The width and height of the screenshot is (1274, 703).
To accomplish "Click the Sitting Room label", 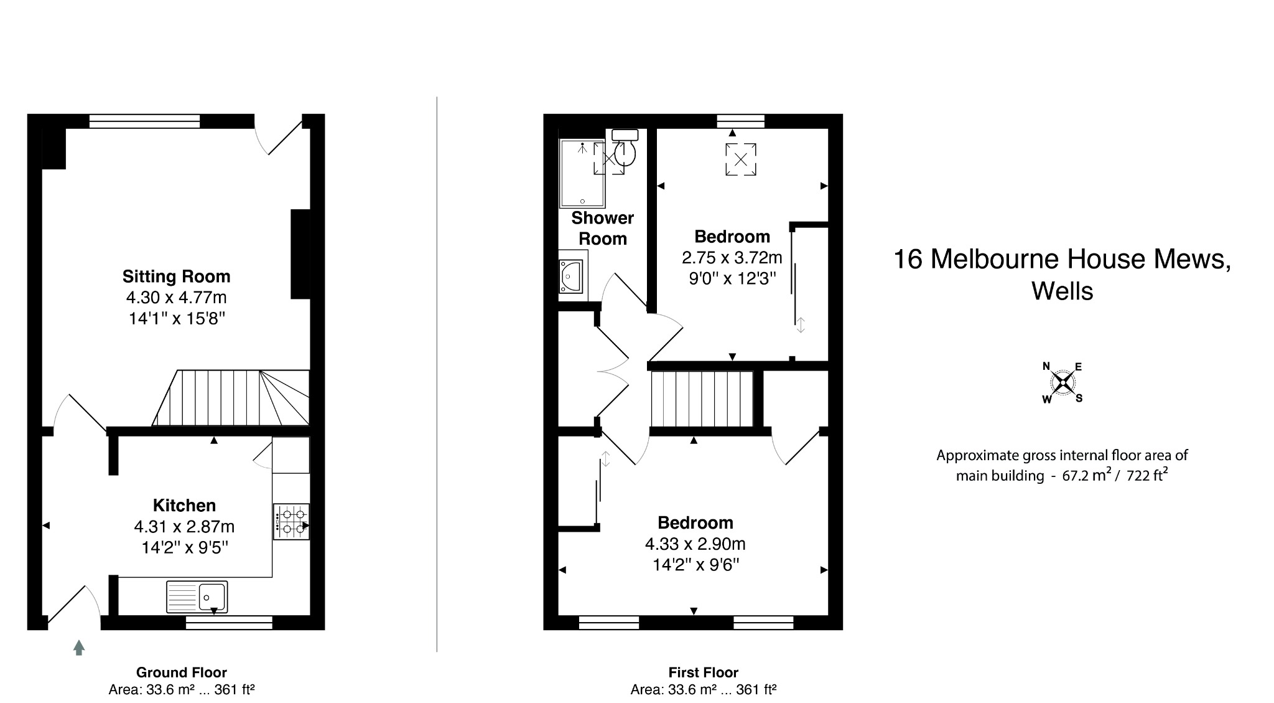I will pyautogui.click(x=176, y=276).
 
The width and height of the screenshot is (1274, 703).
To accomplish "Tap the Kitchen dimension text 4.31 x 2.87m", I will pyautogui.click(x=184, y=527).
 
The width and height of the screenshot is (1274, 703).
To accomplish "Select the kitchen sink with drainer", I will pyautogui.click(x=197, y=597).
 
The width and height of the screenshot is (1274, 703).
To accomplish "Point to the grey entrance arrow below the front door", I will pyautogui.click(x=78, y=648).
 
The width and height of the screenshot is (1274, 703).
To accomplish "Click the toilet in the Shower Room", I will pyautogui.click(x=625, y=148).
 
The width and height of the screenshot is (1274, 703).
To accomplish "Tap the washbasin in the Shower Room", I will pyautogui.click(x=572, y=276).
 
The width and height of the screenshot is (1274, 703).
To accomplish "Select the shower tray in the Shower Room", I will pyautogui.click(x=582, y=173).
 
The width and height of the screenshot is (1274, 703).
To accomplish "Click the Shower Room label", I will pyautogui.click(x=602, y=228).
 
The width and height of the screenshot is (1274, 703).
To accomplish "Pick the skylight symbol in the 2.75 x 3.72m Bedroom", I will pyautogui.click(x=741, y=159).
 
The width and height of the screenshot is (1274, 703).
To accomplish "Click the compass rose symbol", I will pyautogui.click(x=1062, y=382).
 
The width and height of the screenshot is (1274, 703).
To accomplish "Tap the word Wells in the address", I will pyautogui.click(x=1062, y=291).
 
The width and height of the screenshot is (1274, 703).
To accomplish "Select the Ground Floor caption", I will pyautogui.click(x=181, y=672).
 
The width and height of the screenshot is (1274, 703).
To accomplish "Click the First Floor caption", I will pyautogui.click(x=703, y=672).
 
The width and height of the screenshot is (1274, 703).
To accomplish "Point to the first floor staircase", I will pyautogui.click(x=702, y=399).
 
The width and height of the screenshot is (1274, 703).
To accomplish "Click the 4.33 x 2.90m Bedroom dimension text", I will pyautogui.click(x=695, y=544).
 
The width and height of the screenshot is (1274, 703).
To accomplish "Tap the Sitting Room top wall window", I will pyautogui.click(x=144, y=121).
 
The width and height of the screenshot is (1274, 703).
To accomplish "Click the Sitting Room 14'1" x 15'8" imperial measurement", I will pyautogui.click(x=176, y=319).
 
